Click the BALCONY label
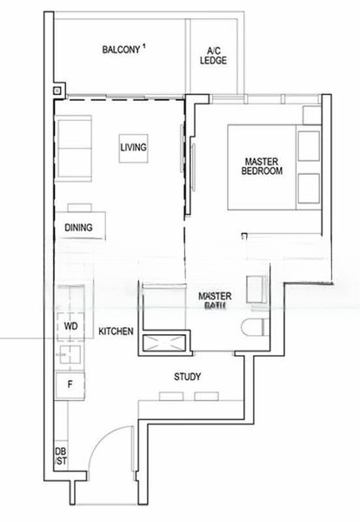(x=120, y=50)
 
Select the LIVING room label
(x=133, y=147)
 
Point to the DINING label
(x=79, y=228)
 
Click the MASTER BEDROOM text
(x=263, y=166)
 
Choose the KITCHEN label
(x=115, y=332)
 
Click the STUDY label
(x=187, y=377)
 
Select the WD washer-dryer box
(x=70, y=325)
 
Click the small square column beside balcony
(x=57, y=89)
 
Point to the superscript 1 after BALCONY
(x=144, y=46)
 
